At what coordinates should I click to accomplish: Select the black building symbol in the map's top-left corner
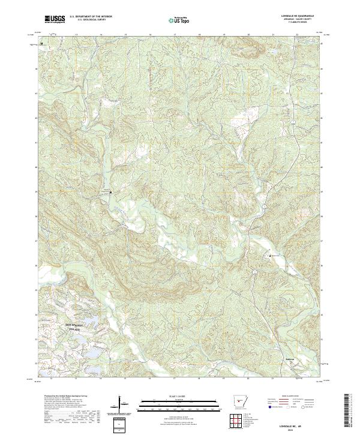pos(41,44)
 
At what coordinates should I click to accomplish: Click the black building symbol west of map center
pos(110,192)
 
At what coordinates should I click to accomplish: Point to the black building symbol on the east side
pos(270,256)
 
